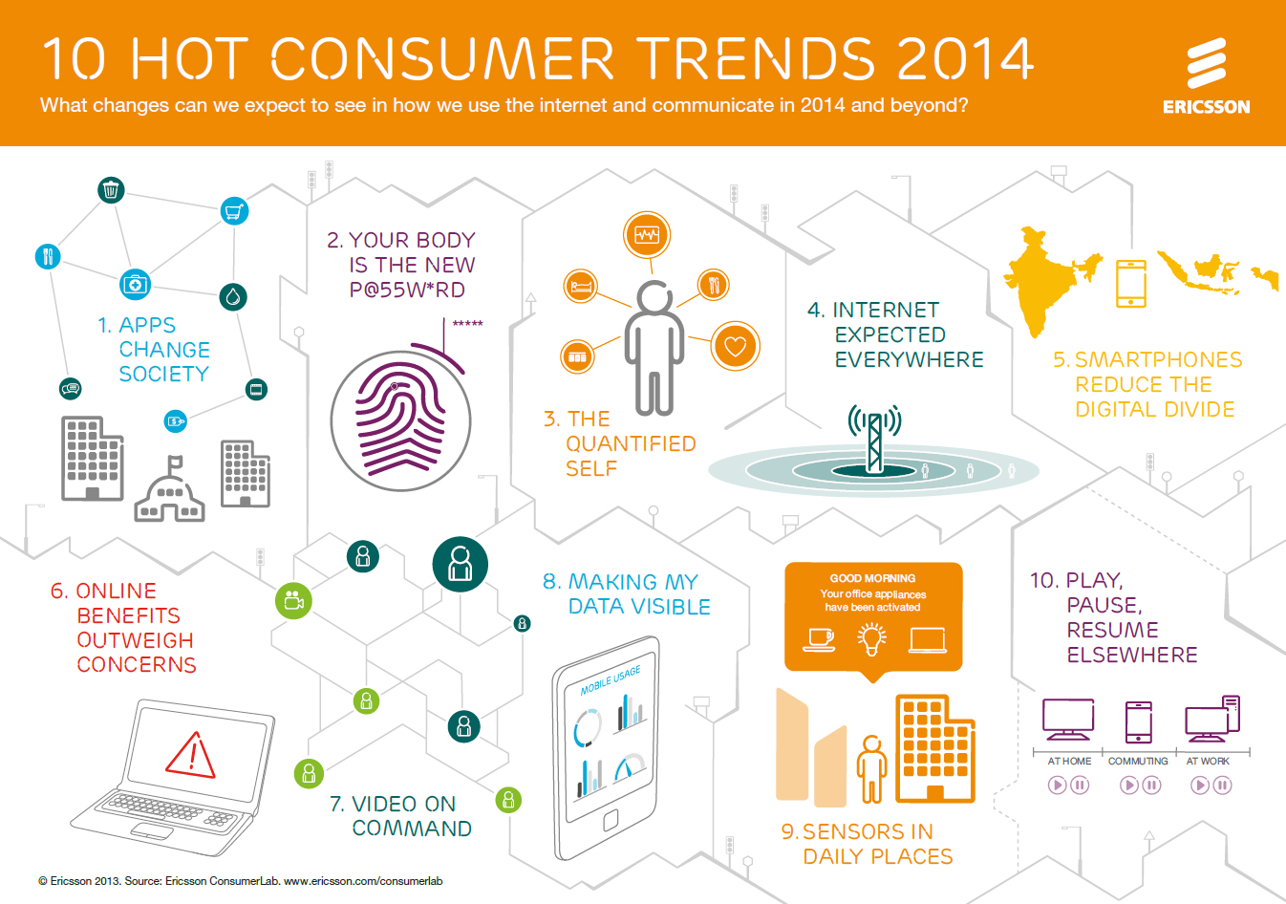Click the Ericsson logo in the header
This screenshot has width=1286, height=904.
(1206, 76)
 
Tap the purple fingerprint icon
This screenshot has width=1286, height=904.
(401, 420)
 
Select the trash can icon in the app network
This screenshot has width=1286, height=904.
(112, 190)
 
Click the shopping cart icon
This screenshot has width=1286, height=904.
(235, 210)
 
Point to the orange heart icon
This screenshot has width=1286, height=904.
(735, 346)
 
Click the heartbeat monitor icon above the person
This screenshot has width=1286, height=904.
(647, 234)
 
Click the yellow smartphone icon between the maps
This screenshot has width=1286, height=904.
(1131, 284)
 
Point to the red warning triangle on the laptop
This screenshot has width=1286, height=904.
(191, 755)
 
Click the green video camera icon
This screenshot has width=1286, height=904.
(293, 600)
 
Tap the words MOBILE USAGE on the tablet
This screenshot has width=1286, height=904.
(611, 679)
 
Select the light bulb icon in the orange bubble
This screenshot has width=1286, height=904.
(871, 638)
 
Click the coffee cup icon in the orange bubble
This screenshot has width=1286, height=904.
(819, 638)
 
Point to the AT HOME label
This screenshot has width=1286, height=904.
(1069, 762)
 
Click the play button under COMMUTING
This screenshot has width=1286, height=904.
(1128, 786)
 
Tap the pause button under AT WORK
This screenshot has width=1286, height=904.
(1222, 786)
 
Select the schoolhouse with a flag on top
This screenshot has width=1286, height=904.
(170, 491)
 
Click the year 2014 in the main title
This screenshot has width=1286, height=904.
(965, 59)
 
